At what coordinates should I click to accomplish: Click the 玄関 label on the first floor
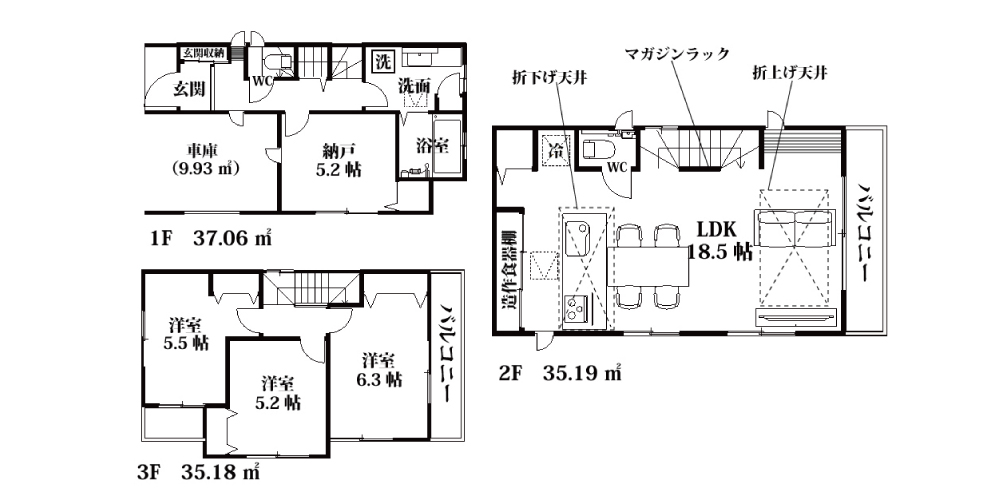pyautogui.click(x=190, y=89)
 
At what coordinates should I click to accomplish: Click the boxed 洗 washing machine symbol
pyautogui.click(x=383, y=62)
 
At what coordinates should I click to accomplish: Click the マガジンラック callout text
pyautogui.click(x=677, y=54)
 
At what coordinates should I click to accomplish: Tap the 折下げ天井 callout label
pyautogui.click(x=549, y=78)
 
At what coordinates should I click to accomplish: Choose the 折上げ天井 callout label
pyautogui.click(x=790, y=74)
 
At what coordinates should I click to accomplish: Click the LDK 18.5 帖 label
pyautogui.click(x=719, y=240)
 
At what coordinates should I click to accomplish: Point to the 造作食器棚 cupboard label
pyautogui.click(x=510, y=269)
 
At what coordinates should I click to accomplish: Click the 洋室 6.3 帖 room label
pyautogui.click(x=379, y=370)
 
